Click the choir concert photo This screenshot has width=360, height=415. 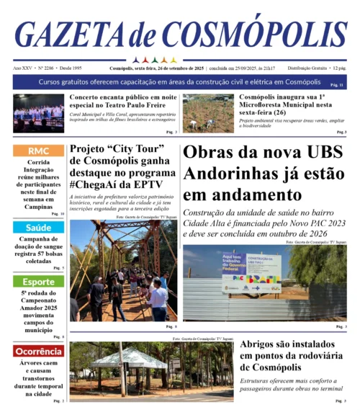tap(38, 113)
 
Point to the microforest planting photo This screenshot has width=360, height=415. tap(207, 113)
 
